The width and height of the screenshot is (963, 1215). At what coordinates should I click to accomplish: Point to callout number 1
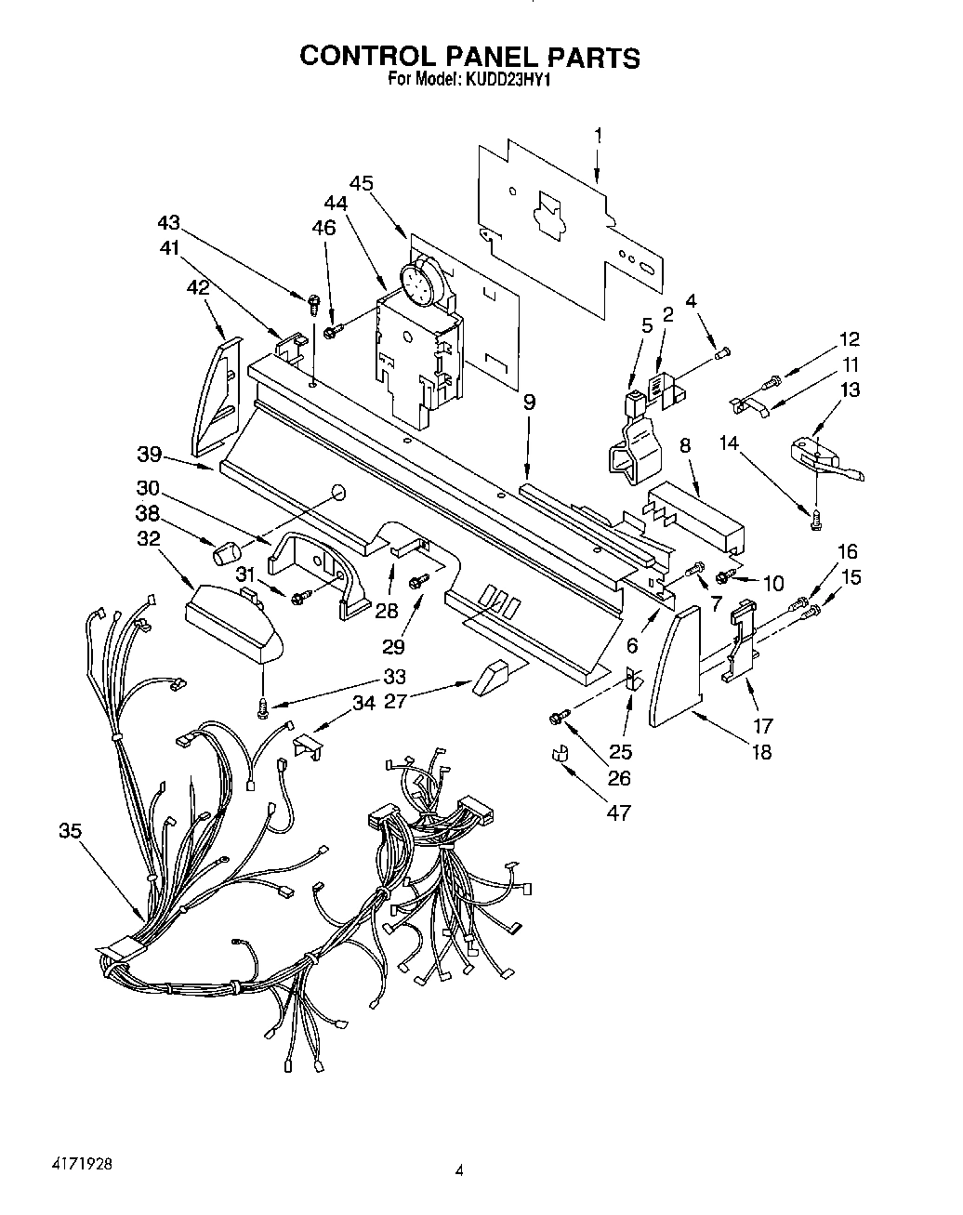[597, 136]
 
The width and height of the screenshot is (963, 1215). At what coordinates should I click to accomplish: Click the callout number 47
[617, 812]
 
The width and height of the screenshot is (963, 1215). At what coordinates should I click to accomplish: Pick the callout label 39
[149, 456]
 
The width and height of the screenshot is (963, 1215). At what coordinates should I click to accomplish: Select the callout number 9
[528, 403]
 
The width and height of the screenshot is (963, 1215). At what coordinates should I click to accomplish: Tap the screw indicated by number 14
[816, 522]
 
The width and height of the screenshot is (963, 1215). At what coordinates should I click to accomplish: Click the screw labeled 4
[723, 351]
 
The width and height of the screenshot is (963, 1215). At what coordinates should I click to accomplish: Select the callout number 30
[148, 487]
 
